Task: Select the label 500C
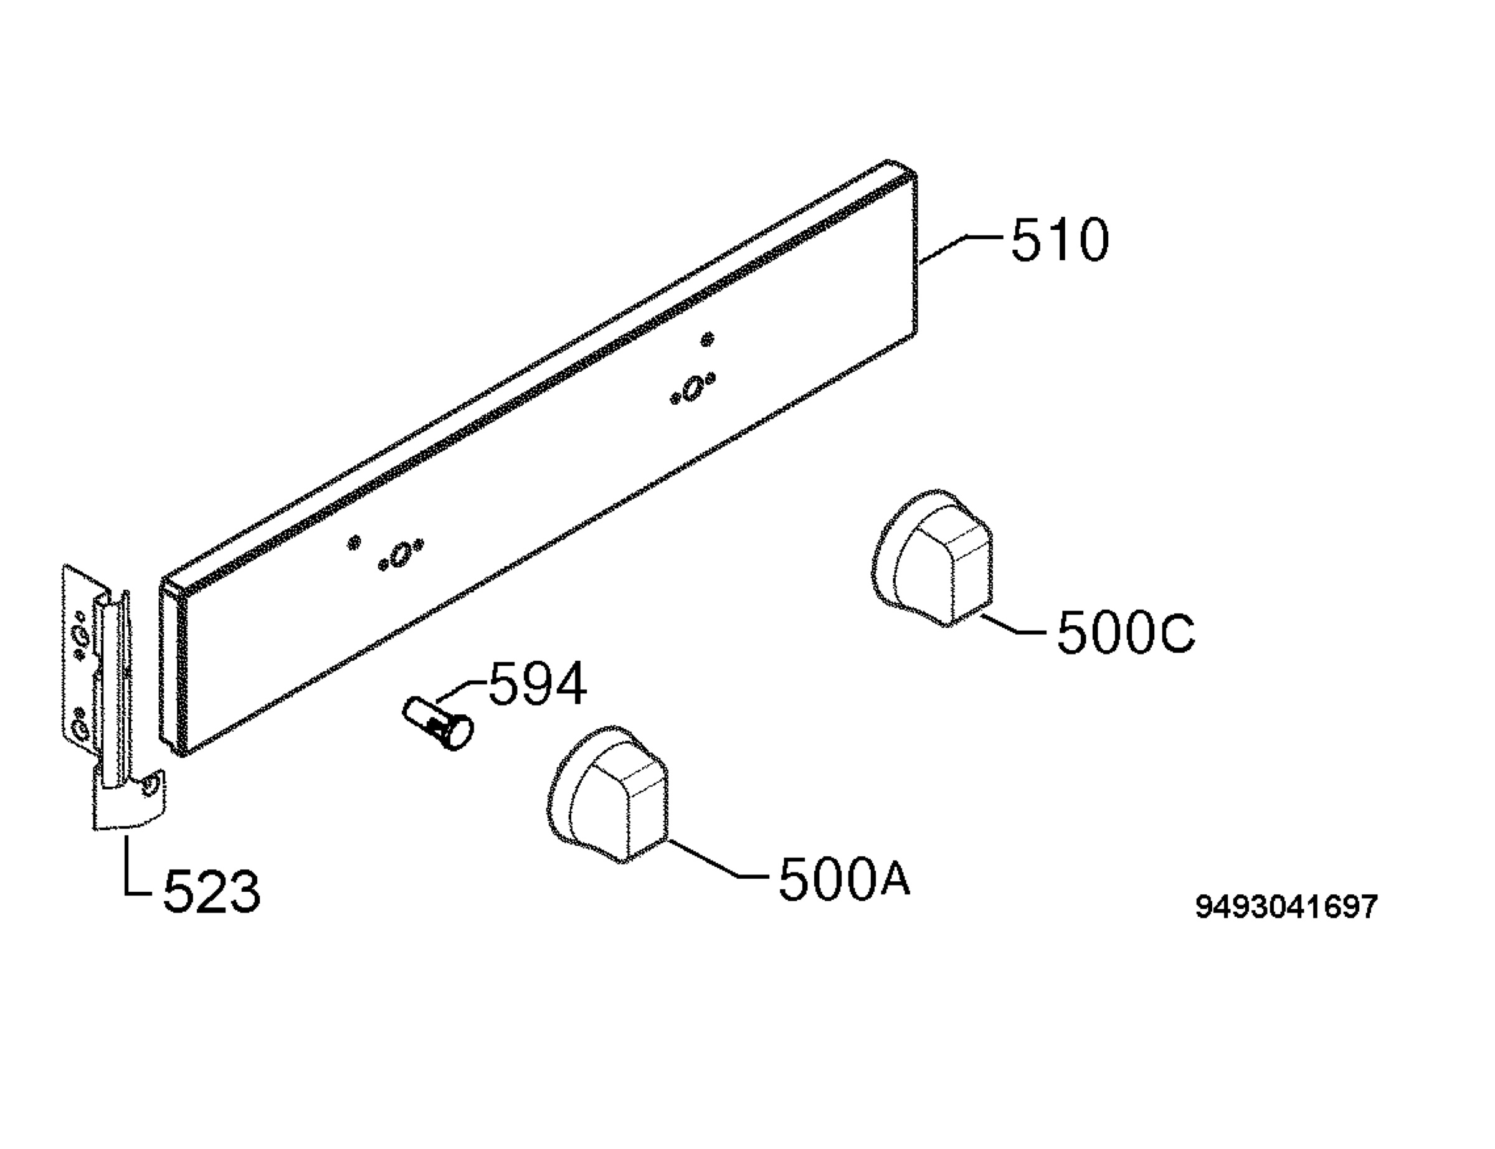coord(1125,632)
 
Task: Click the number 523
coord(212,891)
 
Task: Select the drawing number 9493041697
coord(1286,907)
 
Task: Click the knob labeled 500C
coord(932,557)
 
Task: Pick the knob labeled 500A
coord(607,794)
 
